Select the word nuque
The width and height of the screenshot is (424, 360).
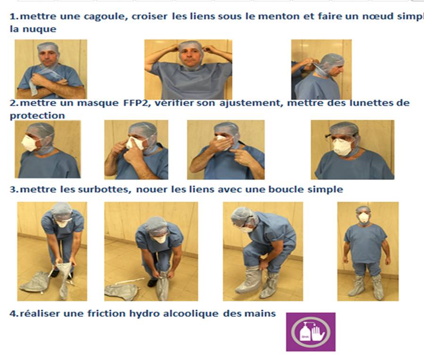click(x=39, y=29)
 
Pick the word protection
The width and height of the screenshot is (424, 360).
click(x=37, y=116)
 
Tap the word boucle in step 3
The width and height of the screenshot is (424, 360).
click(x=286, y=189)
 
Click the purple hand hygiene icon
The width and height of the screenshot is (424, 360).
click(x=311, y=332)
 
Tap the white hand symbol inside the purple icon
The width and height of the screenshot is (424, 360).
click(x=318, y=334)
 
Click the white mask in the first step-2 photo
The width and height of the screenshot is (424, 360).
click(x=29, y=143)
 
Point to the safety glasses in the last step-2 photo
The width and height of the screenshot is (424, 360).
click(x=341, y=136)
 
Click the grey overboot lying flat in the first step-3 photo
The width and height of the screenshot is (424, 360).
click(x=34, y=282)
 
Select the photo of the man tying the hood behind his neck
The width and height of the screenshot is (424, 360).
click(x=321, y=69)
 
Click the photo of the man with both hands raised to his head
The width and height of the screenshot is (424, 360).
click(x=188, y=69)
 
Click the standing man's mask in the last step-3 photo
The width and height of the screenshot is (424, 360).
click(x=364, y=218)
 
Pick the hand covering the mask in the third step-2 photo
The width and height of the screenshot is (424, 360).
click(x=221, y=143)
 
